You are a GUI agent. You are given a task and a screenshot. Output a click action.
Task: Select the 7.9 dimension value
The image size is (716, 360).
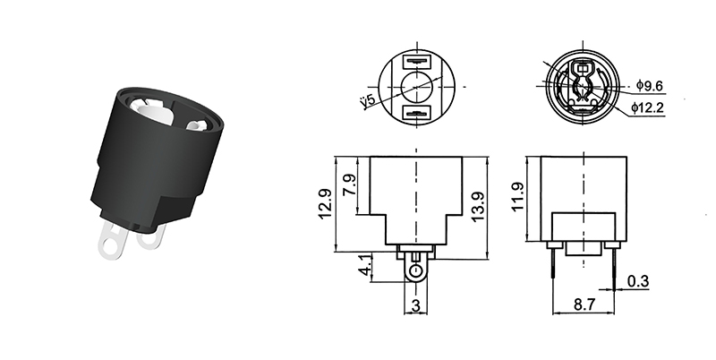(x=350, y=186)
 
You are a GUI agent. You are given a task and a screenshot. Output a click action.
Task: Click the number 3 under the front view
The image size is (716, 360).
(x=415, y=304)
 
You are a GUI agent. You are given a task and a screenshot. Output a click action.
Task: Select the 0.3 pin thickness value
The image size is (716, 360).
(x=638, y=281)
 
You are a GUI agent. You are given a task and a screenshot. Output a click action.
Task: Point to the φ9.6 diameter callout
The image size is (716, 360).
(x=651, y=86)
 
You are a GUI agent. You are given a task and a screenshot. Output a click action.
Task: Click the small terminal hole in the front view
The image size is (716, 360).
(x=415, y=270)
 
